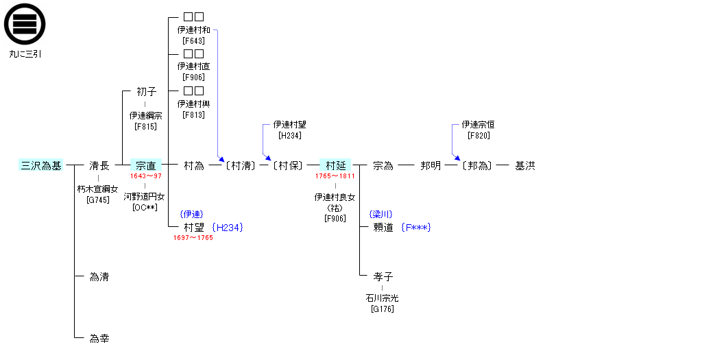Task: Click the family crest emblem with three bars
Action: point(25,24)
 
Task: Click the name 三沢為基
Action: point(41,166)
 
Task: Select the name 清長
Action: point(99,166)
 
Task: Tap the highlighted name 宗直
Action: point(145,166)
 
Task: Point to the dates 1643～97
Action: point(146,176)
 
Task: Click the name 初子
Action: point(146,92)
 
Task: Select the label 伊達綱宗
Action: point(146,116)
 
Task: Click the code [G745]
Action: point(98,200)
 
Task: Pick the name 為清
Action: point(99,277)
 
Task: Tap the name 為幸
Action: point(99,339)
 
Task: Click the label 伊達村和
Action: point(193,30)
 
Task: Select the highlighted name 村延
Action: point(335,166)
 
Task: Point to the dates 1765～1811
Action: point(335,176)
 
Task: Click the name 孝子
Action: point(383,277)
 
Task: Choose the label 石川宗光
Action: point(383,298)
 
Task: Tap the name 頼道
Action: point(383,228)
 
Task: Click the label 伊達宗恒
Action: point(479,125)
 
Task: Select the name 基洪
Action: point(525,166)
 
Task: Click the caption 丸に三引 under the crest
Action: point(25,53)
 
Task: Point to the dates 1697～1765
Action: point(193,238)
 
